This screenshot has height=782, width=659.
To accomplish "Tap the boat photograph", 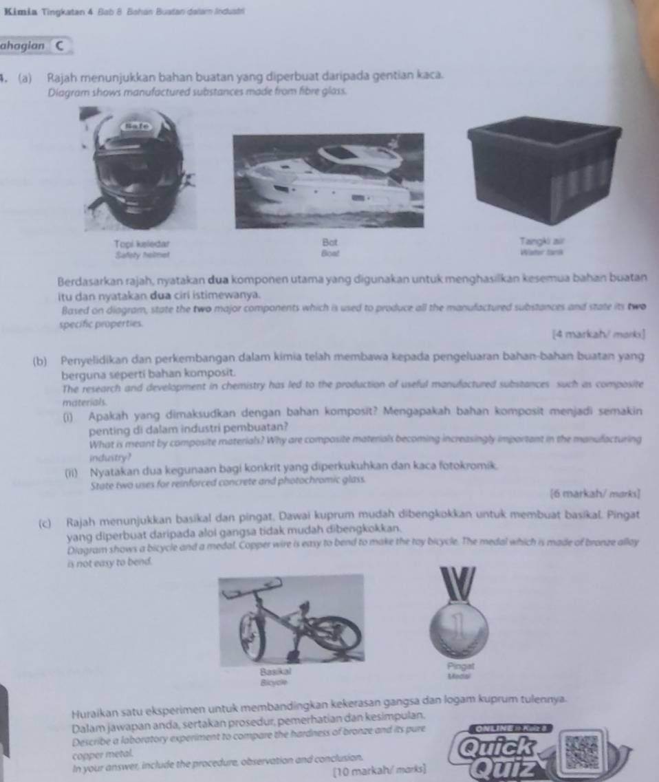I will click(329, 180).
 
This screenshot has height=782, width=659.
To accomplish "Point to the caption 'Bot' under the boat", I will click(326, 244).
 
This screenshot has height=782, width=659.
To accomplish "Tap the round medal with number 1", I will click(460, 628).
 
